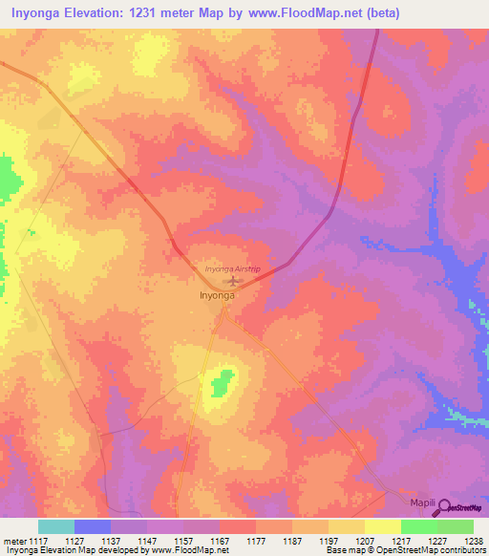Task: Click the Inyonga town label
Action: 217,295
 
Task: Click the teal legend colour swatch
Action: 55,526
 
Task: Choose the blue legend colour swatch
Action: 92,526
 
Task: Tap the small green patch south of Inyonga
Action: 223,384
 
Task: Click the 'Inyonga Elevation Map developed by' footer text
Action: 67,549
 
